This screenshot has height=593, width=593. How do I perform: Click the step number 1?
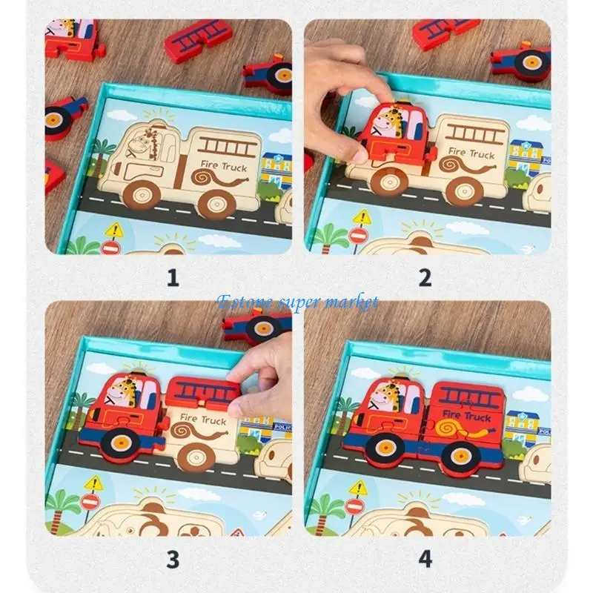pyautogui.click(x=173, y=278)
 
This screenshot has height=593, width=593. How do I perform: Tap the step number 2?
pyautogui.click(x=425, y=278)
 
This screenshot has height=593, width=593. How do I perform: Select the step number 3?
pyautogui.click(x=173, y=559)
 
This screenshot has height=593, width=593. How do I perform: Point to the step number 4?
pyautogui.click(x=425, y=559)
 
